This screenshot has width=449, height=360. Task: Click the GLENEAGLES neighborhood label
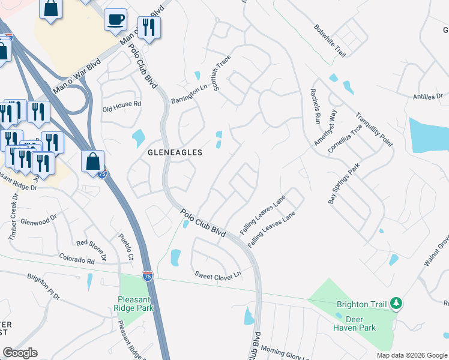coord(175,152)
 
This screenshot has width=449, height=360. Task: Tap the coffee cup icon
coord(115,20)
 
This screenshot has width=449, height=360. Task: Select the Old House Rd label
coord(121,104)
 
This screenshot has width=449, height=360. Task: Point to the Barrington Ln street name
coord(188,93)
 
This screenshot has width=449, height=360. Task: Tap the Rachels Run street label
coord(315,106)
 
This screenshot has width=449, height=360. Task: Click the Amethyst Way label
coord(326,128)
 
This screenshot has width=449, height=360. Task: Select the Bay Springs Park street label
coord(343,183)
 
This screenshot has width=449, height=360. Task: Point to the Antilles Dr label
coord(427,96)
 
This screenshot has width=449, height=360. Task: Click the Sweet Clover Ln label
coord(217,274)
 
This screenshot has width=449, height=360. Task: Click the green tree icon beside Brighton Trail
coord(395,304)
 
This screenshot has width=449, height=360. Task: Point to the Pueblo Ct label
coord(125,247)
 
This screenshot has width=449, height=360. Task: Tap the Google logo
coord(20,353)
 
